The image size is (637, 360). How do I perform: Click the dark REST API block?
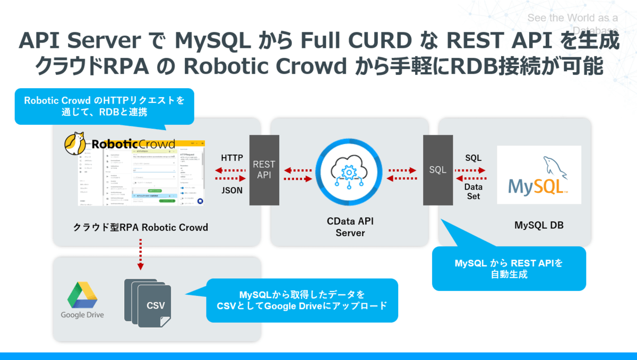264,170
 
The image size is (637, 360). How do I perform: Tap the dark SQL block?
438,170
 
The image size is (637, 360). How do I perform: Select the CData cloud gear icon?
349,170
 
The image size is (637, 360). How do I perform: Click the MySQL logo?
538,175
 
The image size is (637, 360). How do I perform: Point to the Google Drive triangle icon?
82,295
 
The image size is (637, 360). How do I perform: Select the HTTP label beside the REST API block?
232,158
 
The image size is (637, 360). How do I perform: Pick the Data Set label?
472,192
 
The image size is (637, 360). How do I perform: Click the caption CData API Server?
350,227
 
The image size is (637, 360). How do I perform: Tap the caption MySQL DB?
539,225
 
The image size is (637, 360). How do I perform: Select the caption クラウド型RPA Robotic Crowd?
141,227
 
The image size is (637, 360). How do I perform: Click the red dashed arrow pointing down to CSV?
140,254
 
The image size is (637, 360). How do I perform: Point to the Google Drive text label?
82,315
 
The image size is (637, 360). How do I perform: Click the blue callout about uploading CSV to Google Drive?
302,301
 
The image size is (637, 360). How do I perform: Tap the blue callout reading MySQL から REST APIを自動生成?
509,269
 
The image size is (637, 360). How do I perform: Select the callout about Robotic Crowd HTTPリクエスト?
104,106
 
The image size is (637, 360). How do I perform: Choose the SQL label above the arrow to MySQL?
473,158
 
